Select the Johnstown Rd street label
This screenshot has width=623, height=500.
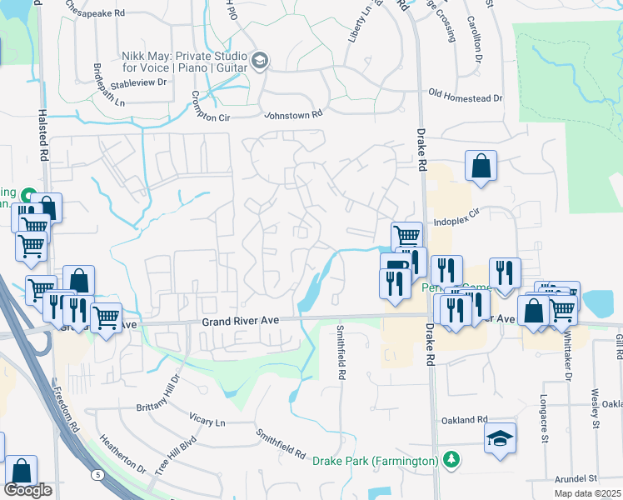click(293, 117)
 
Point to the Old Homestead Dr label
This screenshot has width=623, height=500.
click(466, 97)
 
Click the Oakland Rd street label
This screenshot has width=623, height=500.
click(465, 419)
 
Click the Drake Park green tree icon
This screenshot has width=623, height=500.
click(451, 460)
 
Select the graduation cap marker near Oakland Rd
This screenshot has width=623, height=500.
click(500, 438)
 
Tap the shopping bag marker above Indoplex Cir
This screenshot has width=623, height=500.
click(481, 165)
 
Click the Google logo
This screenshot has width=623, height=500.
click(27, 490)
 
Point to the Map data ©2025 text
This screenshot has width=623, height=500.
click(588, 493)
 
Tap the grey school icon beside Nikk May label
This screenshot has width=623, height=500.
click(260, 60)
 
